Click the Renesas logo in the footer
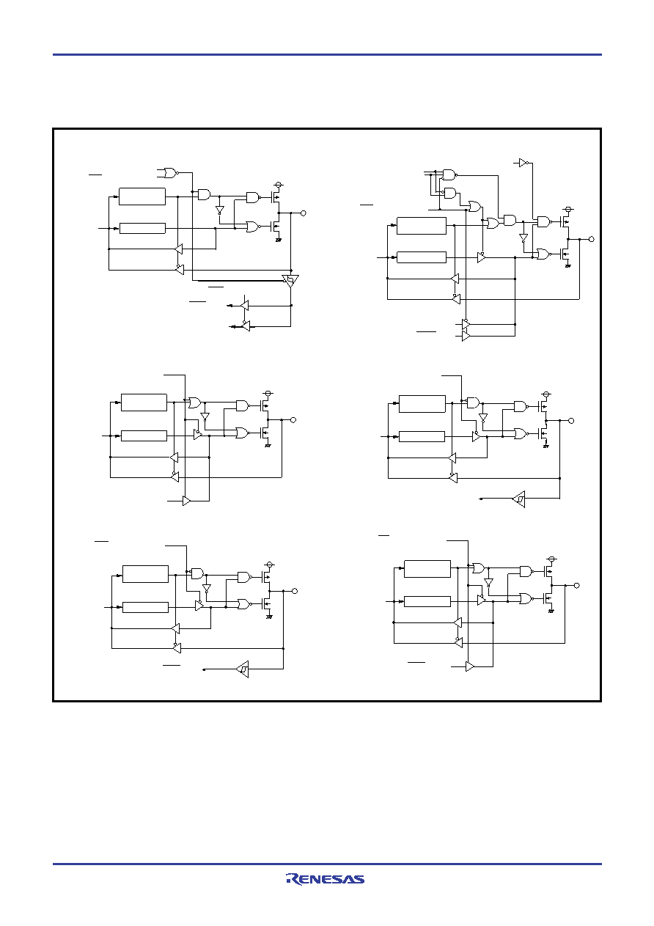pyautogui.click(x=325, y=879)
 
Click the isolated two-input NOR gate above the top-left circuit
pyautogui.click(x=171, y=173)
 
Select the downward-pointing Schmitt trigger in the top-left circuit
pyautogui.click(x=290, y=281)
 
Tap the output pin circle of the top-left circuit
pyautogui.click(x=303, y=213)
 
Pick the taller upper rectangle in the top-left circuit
pyautogui.click(x=142, y=196)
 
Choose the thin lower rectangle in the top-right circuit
pyautogui.click(x=422, y=257)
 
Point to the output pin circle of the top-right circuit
pyautogui.click(x=591, y=239)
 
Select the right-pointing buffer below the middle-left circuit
pyautogui.click(x=186, y=501)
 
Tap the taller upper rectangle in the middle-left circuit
pyautogui.click(x=144, y=403)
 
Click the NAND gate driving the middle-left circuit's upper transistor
pyautogui.click(x=243, y=405)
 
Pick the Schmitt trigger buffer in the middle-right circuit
pyautogui.click(x=519, y=499)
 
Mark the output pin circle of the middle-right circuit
pyautogui.click(x=571, y=421)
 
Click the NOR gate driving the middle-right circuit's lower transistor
pyautogui.click(x=521, y=433)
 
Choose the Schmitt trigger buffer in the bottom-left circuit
pyautogui.click(x=243, y=669)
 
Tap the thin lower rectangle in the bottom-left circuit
pyautogui.click(x=145, y=607)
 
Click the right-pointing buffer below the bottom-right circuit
pyautogui.click(x=470, y=666)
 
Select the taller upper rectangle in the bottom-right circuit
pyautogui.click(x=427, y=568)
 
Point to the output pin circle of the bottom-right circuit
pyautogui.click(x=577, y=586)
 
